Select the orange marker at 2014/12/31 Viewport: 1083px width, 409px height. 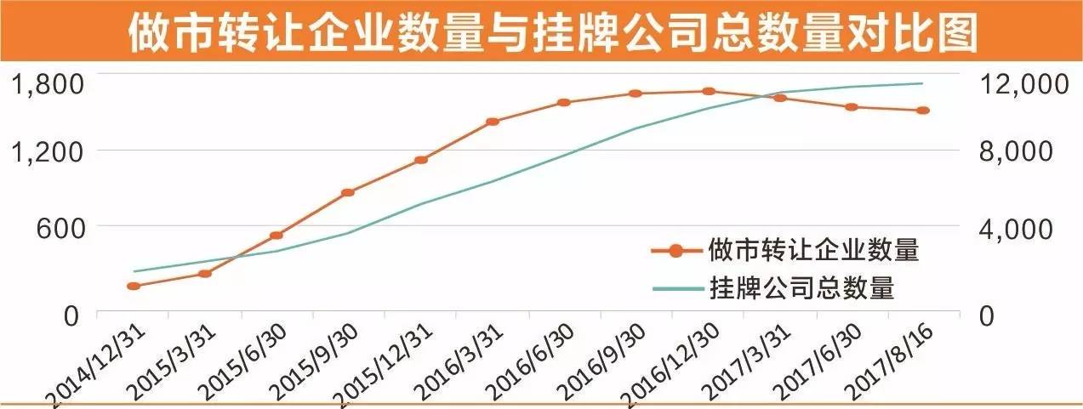point(133,286)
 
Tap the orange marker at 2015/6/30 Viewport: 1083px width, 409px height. point(276,236)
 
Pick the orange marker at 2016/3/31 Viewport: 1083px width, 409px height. point(492,122)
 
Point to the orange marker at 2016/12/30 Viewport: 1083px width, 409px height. point(708,91)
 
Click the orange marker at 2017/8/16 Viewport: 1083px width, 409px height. point(923,111)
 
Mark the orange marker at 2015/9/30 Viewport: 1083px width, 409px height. point(347,192)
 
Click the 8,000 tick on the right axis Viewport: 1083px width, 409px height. point(1017,153)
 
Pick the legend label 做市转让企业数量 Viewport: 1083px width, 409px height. point(813,250)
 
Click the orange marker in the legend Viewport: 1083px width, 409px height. point(676,250)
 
